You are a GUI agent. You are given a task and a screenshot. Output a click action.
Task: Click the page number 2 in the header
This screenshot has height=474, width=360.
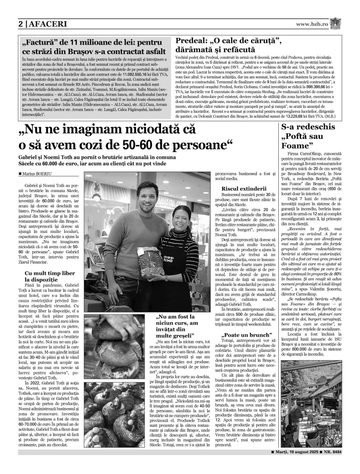21,24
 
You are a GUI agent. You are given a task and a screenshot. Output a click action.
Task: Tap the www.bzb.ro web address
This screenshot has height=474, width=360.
312,24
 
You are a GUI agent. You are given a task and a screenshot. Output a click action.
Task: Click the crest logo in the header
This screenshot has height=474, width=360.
336,23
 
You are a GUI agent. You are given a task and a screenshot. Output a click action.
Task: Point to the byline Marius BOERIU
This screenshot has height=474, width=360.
37,173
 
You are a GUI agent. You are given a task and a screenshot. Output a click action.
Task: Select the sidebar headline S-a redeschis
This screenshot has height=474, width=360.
308,127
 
